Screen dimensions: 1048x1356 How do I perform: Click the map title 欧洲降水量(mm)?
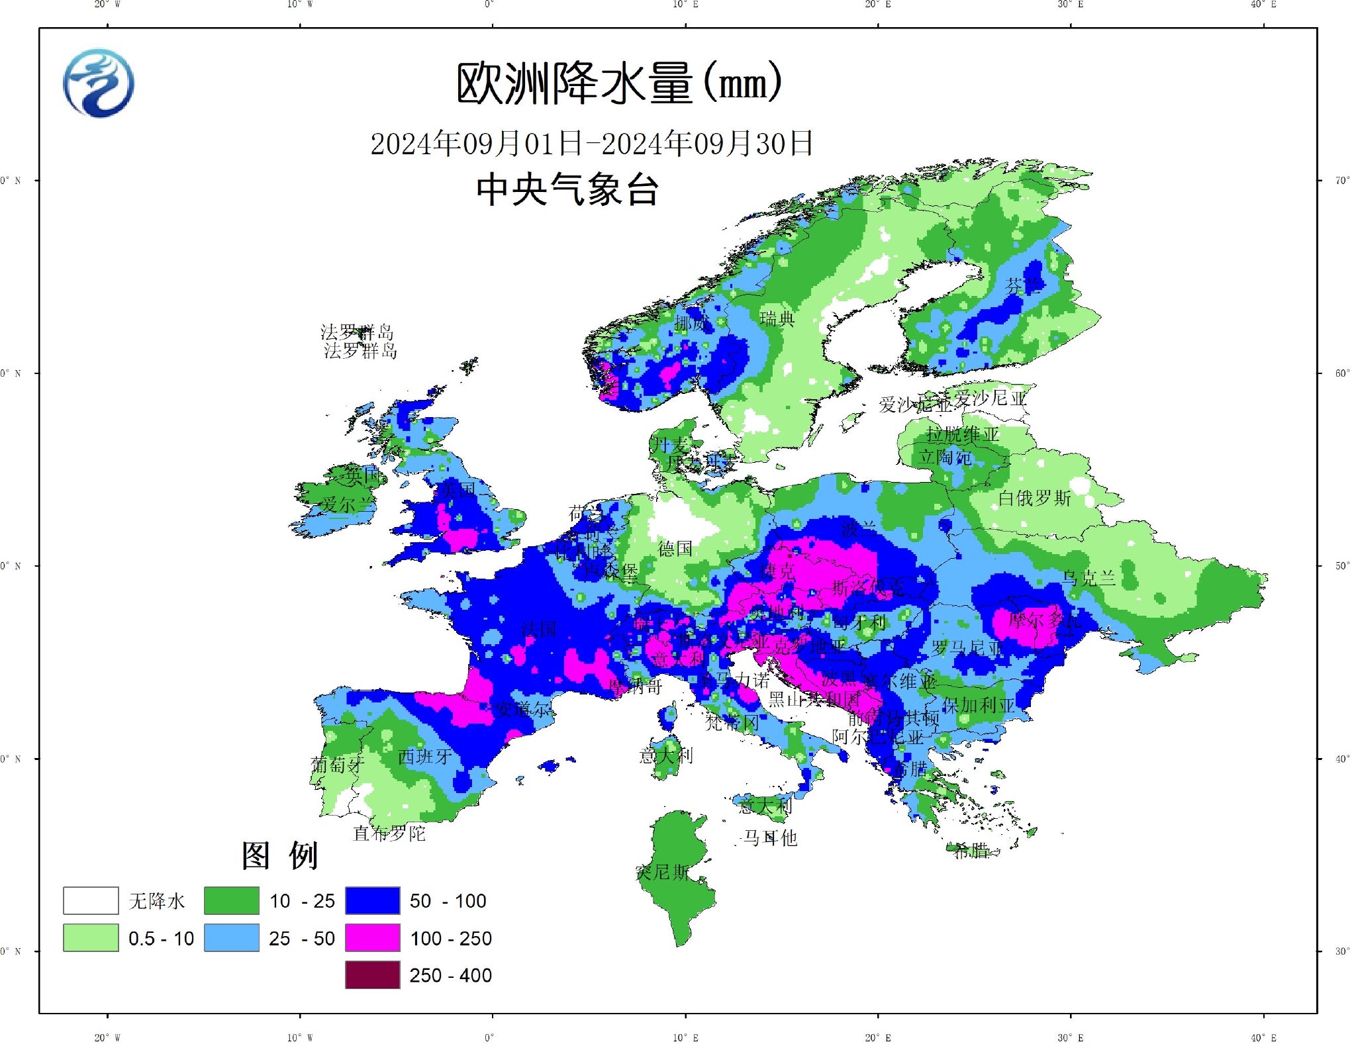pyautogui.click(x=618, y=84)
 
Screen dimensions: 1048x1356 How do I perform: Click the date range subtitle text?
pyautogui.click(x=591, y=143)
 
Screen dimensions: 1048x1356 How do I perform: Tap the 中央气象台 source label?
pyautogui.click(x=567, y=190)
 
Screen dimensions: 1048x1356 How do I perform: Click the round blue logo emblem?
pyautogui.click(x=99, y=83)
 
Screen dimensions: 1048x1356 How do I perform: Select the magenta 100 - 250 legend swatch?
pyautogui.click(x=372, y=937)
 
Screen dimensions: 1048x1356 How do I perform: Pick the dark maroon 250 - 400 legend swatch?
pyautogui.click(x=372, y=975)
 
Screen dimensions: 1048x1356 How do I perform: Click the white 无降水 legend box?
pyautogui.click(x=91, y=900)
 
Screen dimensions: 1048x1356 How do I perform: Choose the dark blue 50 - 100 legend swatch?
pyautogui.click(x=372, y=900)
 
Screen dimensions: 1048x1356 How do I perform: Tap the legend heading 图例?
pyautogui.click(x=279, y=855)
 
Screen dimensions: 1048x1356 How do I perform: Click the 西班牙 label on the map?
pyautogui.click(x=425, y=757)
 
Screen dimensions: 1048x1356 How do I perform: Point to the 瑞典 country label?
pyautogui.click(x=777, y=319)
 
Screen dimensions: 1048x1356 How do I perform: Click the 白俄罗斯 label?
pyautogui.click(x=1034, y=499)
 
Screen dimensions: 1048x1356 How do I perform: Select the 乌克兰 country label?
pyautogui.click(x=1089, y=579)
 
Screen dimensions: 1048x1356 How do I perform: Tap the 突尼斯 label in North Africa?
pyautogui.click(x=662, y=873)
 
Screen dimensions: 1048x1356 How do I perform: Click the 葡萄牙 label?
pyautogui.click(x=337, y=765)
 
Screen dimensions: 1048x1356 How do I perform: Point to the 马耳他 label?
pyautogui.click(x=769, y=838)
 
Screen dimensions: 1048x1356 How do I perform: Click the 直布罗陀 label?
pyautogui.click(x=389, y=834)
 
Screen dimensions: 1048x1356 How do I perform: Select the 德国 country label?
pyautogui.click(x=675, y=549)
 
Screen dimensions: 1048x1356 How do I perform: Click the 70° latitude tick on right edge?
pyautogui.click(x=1341, y=180)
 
